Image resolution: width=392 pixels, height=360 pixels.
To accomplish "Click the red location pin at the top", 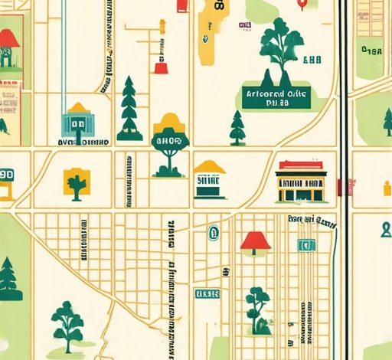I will pos(305,5).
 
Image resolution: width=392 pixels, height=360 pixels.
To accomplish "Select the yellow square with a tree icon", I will pos(76,182).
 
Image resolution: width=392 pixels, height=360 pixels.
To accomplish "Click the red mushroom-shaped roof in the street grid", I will pos(256,242).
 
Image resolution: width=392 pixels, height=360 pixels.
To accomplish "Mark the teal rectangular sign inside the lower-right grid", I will pos(306,245).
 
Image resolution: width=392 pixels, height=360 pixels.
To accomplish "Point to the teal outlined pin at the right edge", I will pos(386,229).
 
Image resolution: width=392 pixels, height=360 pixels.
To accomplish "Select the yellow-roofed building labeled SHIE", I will pos(209,181).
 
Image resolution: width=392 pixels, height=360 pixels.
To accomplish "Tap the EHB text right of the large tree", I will pos(312,60).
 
